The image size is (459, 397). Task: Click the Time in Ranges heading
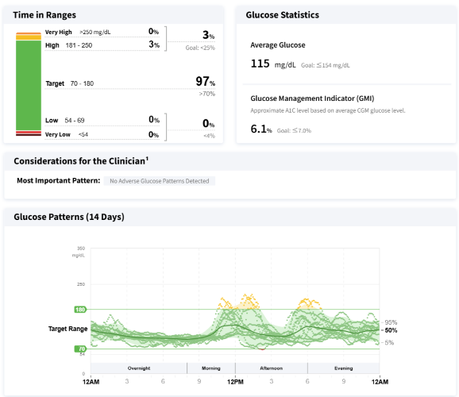click(x=44, y=15)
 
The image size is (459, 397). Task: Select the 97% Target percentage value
click(x=205, y=82)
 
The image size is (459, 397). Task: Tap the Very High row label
click(x=59, y=33)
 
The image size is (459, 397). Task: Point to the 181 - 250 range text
click(x=79, y=45)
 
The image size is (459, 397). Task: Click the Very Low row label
click(x=58, y=134)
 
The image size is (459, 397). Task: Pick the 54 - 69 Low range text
click(x=75, y=121)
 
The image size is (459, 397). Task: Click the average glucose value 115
click(x=260, y=64)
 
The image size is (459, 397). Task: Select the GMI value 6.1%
click(x=261, y=129)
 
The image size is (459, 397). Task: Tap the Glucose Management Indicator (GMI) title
click(x=312, y=98)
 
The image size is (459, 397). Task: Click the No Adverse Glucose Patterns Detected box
click(x=160, y=181)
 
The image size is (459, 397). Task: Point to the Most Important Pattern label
click(x=59, y=181)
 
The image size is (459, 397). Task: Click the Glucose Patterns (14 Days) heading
click(x=69, y=217)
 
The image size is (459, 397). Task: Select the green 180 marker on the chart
click(x=80, y=310)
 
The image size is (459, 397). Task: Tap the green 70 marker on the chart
click(x=80, y=349)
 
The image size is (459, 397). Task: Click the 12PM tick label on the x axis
click(x=235, y=382)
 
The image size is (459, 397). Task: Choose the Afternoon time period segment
click(x=272, y=368)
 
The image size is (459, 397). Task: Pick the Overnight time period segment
click(x=139, y=368)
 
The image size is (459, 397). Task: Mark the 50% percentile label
click(x=391, y=330)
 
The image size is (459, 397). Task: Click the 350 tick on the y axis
click(x=81, y=249)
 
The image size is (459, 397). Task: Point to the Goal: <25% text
click(x=200, y=48)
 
